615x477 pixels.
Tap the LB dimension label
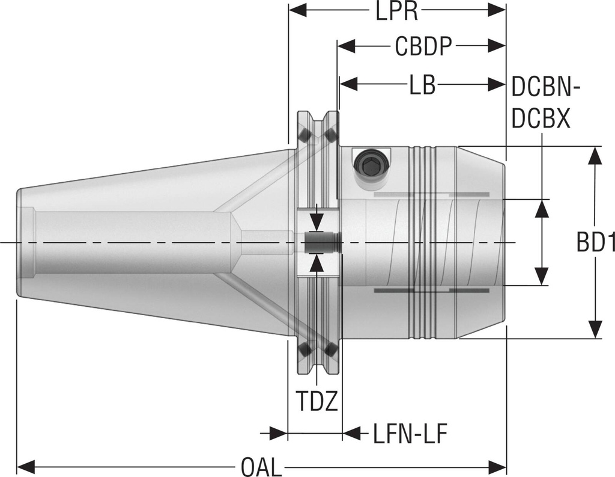pyautogui.click(x=422, y=85)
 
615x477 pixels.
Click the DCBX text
pyautogui.click(x=541, y=120)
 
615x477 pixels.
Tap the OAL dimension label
pyautogui.click(x=261, y=467)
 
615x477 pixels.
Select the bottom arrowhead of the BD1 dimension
pyautogui.click(x=595, y=329)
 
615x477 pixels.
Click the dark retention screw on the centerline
pyautogui.click(x=317, y=242)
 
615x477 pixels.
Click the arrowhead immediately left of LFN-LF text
pyautogui.click(x=353, y=432)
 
